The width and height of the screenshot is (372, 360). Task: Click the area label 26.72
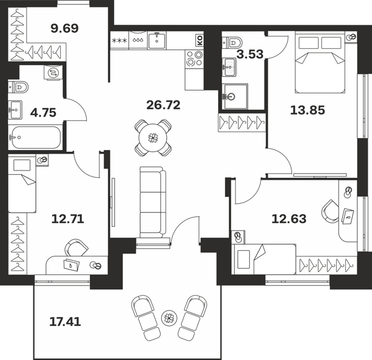(164, 105)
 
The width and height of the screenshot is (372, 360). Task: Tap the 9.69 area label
(64, 29)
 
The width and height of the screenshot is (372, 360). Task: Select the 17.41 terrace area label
(65, 322)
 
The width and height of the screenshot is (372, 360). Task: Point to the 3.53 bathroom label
(250, 55)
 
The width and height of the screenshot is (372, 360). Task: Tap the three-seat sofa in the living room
(153, 202)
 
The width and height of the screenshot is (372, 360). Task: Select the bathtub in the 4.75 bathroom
(36, 138)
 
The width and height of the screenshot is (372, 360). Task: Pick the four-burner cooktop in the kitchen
(194, 58)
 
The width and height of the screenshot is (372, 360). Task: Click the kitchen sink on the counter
(157, 40)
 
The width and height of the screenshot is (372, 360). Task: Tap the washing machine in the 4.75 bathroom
(53, 72)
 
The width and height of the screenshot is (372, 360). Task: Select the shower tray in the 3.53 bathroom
(234, 96)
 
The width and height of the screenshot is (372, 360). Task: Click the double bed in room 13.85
(319, 62)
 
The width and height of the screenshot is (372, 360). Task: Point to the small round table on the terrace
(169, 317)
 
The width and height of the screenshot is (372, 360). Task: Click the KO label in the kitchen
(200, 40)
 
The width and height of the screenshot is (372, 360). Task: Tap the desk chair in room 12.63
(330, 211)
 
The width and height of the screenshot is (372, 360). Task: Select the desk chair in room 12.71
(76, 248)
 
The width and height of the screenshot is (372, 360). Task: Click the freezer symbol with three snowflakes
(120, 40)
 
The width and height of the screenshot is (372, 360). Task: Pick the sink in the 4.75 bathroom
(15, 110)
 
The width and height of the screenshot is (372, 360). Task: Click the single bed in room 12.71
(22, 183)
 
